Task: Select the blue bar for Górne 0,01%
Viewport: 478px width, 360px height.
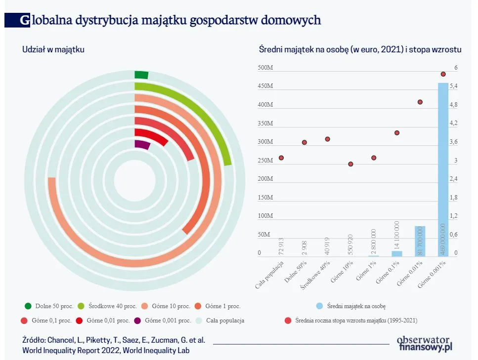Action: click(420, 241)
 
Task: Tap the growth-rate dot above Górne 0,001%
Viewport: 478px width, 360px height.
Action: click(443, 74)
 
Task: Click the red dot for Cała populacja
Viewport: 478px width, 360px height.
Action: click(281, 158)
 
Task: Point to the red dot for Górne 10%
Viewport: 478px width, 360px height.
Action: click(350, 164)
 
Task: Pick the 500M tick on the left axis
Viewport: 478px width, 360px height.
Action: click(265, 68)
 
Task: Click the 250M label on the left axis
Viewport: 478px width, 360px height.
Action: click(265, 160)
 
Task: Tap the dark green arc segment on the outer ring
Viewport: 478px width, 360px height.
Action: click(141, 75)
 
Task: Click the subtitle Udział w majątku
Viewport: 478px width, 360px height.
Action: click(53, 49)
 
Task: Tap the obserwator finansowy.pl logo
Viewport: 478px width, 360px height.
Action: click(425, 343)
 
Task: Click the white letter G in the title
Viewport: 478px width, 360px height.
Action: click(24, 20)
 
